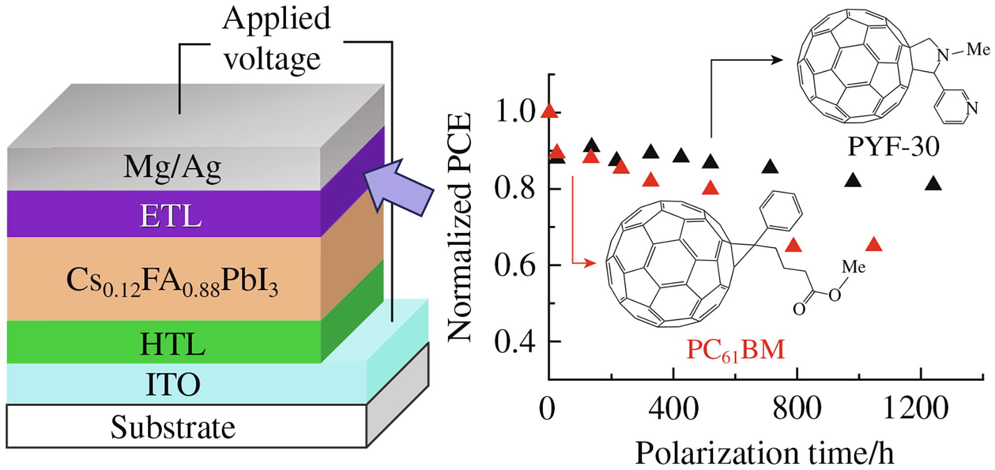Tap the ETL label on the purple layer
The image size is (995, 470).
coord(170,216)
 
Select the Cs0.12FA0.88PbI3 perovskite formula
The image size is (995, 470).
coord(172,282)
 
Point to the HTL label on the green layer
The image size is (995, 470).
coord(172,344)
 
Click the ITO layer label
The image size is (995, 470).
coord(173,385)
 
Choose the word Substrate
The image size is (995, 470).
coord(173,428)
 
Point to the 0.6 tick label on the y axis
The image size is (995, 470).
coord(514,265)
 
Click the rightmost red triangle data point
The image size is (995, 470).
coord(873,245)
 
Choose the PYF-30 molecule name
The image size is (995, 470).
coord(893,146)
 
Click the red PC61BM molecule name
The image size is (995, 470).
coord(735,351)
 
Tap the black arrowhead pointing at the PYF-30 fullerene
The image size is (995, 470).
coord(776,60)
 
